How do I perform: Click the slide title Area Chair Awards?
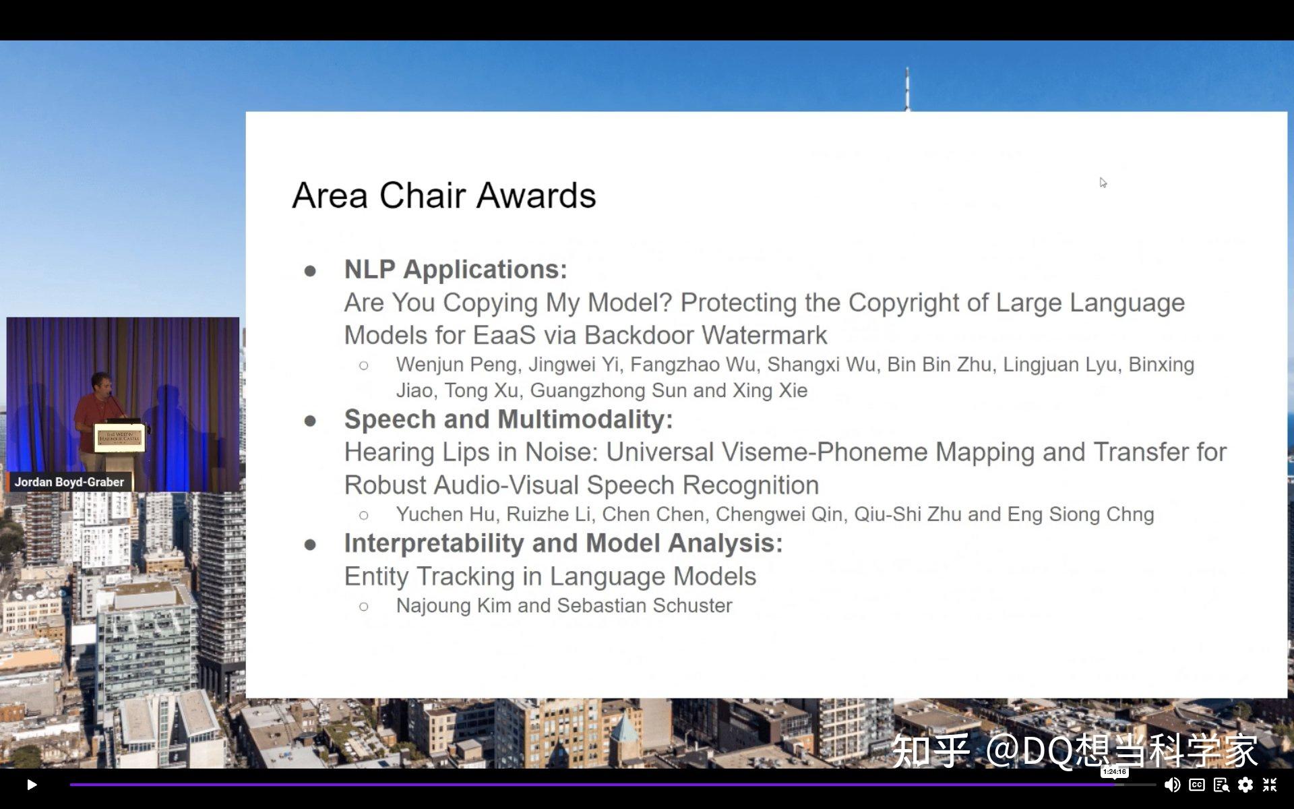point(444,196)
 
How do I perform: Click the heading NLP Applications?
point(456,270)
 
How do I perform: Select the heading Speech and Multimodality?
point(509,419)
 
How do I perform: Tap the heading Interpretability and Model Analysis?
point(563,543)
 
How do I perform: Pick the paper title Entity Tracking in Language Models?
point(550,577)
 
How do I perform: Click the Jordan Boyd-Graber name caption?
point(69,482)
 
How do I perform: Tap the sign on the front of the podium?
point(120,438)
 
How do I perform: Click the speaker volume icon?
point(1172,784)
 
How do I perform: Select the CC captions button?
point(1197,784)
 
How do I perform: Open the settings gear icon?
point(1245,784)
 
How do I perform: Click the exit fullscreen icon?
point(1270,784)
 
